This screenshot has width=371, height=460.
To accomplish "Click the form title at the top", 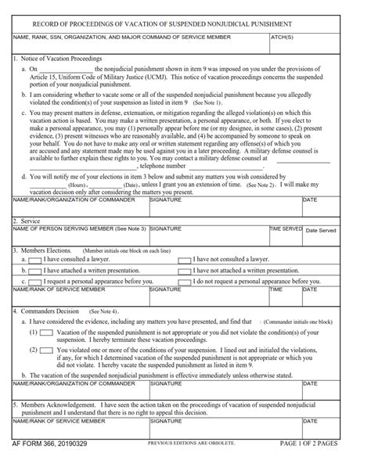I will click(x=185, y=24).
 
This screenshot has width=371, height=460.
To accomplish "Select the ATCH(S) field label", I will click(x=283, y=37).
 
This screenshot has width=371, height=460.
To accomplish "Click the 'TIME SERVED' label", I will click(x=286, y=228).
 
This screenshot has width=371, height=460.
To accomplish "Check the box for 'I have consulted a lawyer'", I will click(x=34, y=257).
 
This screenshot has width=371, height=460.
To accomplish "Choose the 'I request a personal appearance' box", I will click(x=34, y=279).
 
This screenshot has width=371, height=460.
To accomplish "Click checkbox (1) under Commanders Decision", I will click(x=47, y=332).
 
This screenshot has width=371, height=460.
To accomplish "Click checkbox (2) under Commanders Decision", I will click(x=47, y=350).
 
